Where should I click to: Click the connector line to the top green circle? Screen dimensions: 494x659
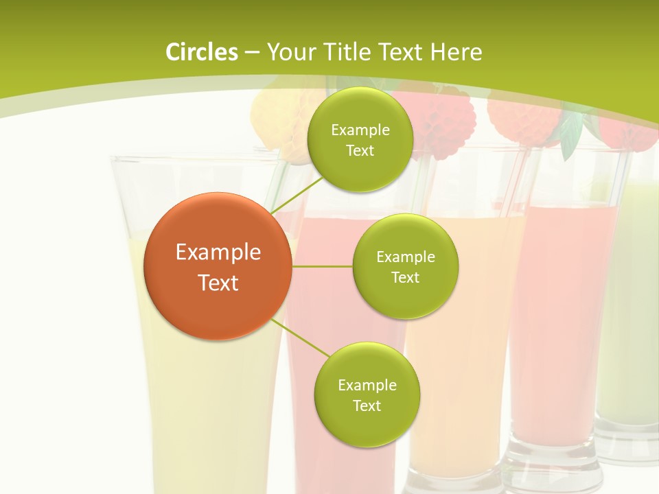point(297,193)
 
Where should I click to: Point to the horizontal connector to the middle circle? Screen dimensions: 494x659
point(322,266)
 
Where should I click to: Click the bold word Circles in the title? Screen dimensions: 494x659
point(202,52)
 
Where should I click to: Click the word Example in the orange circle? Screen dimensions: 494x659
point(218,252)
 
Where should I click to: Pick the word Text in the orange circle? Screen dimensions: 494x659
point(218,283)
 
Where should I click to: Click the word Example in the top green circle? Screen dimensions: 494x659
point(360,130)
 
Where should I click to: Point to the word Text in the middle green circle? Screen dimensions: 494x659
point(405,278)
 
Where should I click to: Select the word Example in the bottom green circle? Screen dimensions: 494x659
point(367,386)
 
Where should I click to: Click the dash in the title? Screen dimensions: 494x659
point(251,53)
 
